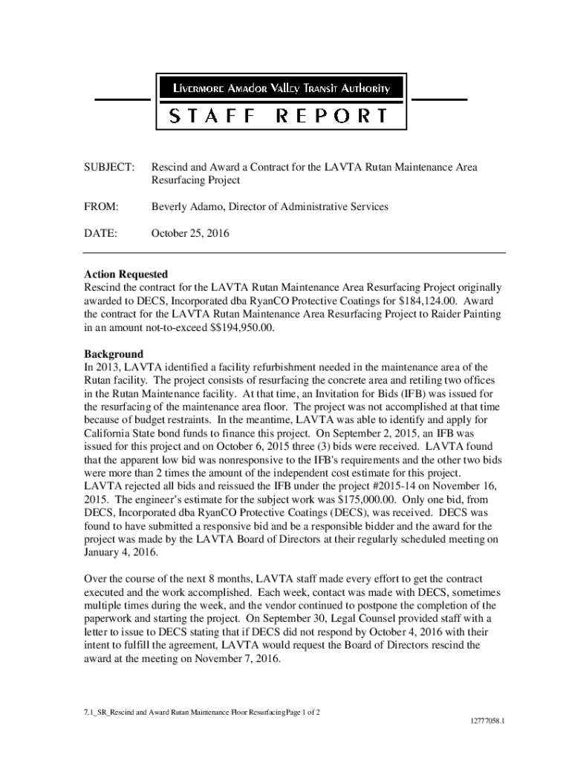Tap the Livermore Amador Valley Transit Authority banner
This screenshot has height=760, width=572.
pos(280,89)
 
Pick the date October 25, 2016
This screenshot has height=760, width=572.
pos(191,233)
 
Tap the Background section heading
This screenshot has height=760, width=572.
pos(113,354)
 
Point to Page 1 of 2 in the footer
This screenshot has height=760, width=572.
pos(296,712)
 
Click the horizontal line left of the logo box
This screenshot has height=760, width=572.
pos(121,99)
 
